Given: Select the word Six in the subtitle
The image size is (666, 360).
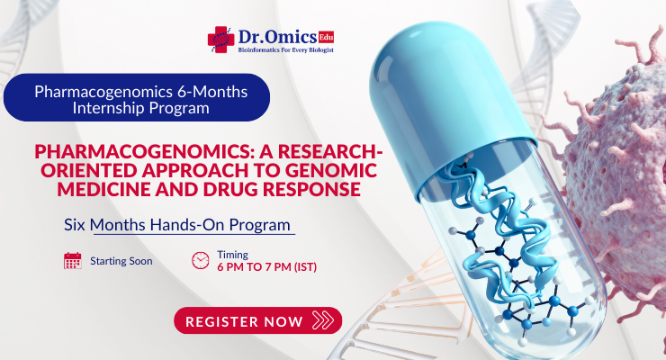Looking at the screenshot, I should (76, 224).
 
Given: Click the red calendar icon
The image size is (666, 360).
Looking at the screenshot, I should (73, 261).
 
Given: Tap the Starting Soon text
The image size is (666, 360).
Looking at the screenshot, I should (121, 261).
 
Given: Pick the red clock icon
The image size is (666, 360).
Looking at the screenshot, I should (200, 261).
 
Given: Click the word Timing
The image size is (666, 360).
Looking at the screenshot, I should (232, 255).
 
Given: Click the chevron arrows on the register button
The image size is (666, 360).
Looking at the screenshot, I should (320, 320).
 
